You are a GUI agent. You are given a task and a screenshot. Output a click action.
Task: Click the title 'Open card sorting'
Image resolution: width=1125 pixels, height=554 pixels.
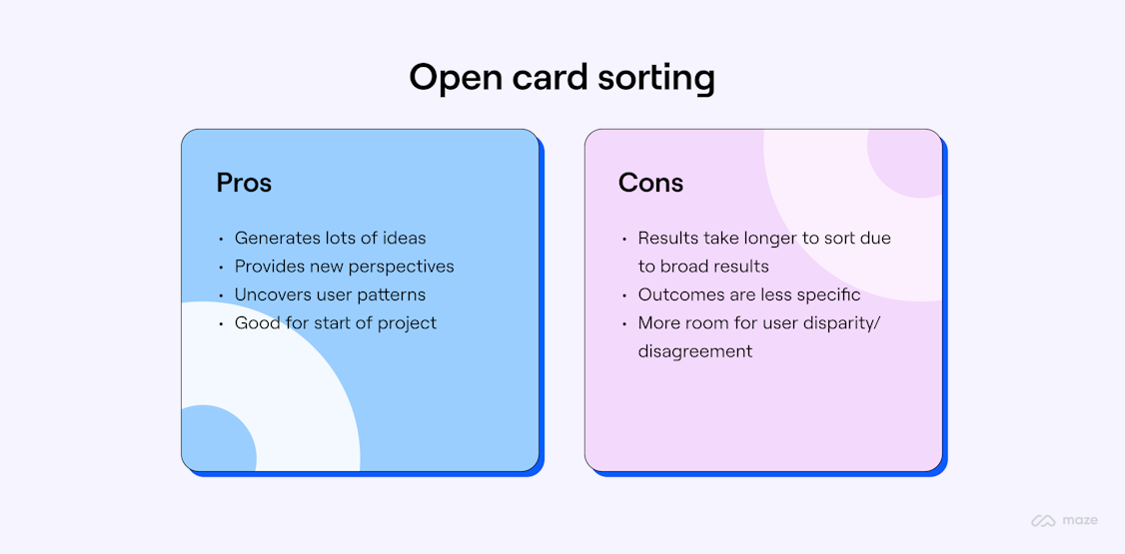coord(562,78)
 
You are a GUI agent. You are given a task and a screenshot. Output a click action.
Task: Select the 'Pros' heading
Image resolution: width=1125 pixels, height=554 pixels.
coord(244,183)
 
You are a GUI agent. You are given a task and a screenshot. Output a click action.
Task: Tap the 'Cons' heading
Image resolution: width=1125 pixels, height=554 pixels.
coord(650,183)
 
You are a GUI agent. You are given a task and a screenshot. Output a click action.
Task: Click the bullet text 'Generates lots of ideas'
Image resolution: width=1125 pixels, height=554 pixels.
coord(330,238)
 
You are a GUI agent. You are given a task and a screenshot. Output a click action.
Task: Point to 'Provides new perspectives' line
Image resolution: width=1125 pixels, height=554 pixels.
coord(344,267)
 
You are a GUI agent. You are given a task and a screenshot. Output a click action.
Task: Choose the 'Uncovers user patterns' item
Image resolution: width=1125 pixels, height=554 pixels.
coord(330,294)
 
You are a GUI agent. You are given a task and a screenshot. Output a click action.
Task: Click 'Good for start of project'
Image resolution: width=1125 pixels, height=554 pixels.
coord(335,323)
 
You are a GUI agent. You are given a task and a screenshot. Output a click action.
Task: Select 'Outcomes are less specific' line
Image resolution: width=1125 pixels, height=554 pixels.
coord(748,294)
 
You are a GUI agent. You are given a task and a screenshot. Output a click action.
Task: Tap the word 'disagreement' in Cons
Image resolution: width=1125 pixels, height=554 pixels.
coord(694,351)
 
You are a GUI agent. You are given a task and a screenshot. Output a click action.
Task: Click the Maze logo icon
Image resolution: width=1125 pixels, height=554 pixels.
coord(1044,521)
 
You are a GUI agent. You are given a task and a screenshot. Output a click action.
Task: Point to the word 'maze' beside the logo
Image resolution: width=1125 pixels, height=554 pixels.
coord(1080,521)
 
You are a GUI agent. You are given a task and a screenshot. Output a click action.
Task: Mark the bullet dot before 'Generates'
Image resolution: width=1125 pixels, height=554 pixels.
coord(221,240)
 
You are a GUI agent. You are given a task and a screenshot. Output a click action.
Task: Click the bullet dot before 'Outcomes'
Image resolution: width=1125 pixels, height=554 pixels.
coord(624,296)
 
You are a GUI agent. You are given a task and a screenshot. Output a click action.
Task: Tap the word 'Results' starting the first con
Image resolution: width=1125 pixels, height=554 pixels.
coord(668,238)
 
